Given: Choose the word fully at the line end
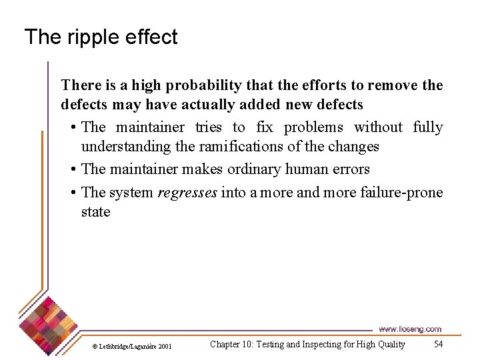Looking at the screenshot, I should coord(427,127).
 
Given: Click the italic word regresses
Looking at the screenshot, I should coord(187,193).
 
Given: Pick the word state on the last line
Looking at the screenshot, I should coord(95,212).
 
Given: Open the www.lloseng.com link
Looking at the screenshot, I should coord(409,329).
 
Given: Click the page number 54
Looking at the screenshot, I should coord(438,345).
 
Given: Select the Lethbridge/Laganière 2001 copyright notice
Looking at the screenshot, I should coord(131,346).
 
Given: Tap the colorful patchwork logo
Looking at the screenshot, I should coord(47,323).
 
